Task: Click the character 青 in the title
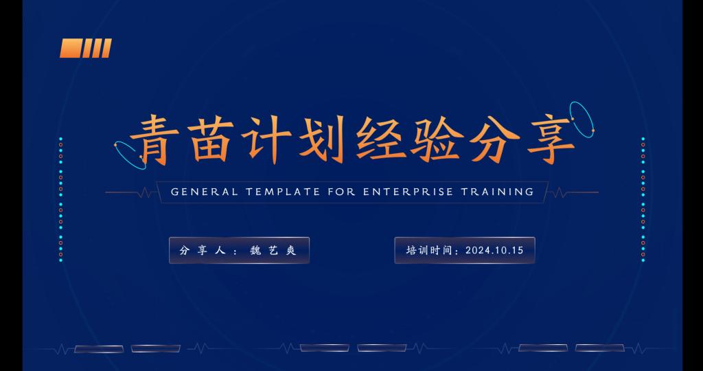click(x=154, y=140)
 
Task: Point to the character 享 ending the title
click(x=551, y=140)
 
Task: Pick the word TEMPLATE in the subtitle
click(x=283, y=192)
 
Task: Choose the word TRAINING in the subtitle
click(x=498, y=192)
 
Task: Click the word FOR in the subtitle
click(x=342, y=192)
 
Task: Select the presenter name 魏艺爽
click(x=273, y=250)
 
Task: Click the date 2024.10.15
click(x=494, y=250)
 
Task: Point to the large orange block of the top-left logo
click(x=70, y=48)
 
